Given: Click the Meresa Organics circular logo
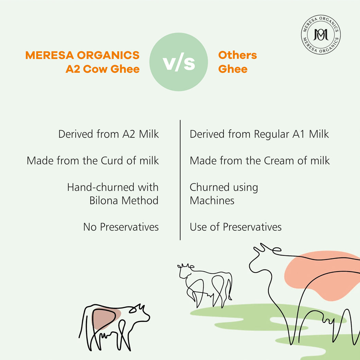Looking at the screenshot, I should click(321, 35).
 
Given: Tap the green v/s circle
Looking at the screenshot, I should click(179, 62).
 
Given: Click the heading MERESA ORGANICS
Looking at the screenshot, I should click(82, 55).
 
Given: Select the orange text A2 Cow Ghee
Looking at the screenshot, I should click(103, 69).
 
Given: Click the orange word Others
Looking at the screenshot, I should click(237, 55).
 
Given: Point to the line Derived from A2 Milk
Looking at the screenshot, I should click(108, 134).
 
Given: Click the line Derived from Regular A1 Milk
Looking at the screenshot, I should click(259, 134).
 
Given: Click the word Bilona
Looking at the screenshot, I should click(105, 200).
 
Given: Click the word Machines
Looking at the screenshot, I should click(212, 200).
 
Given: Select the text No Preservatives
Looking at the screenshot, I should click(121, 227).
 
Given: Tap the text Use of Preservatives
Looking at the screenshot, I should click(236, 227).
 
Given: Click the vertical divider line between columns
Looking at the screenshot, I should click(180, 180).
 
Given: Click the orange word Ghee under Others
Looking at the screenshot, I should click(233, 69).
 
